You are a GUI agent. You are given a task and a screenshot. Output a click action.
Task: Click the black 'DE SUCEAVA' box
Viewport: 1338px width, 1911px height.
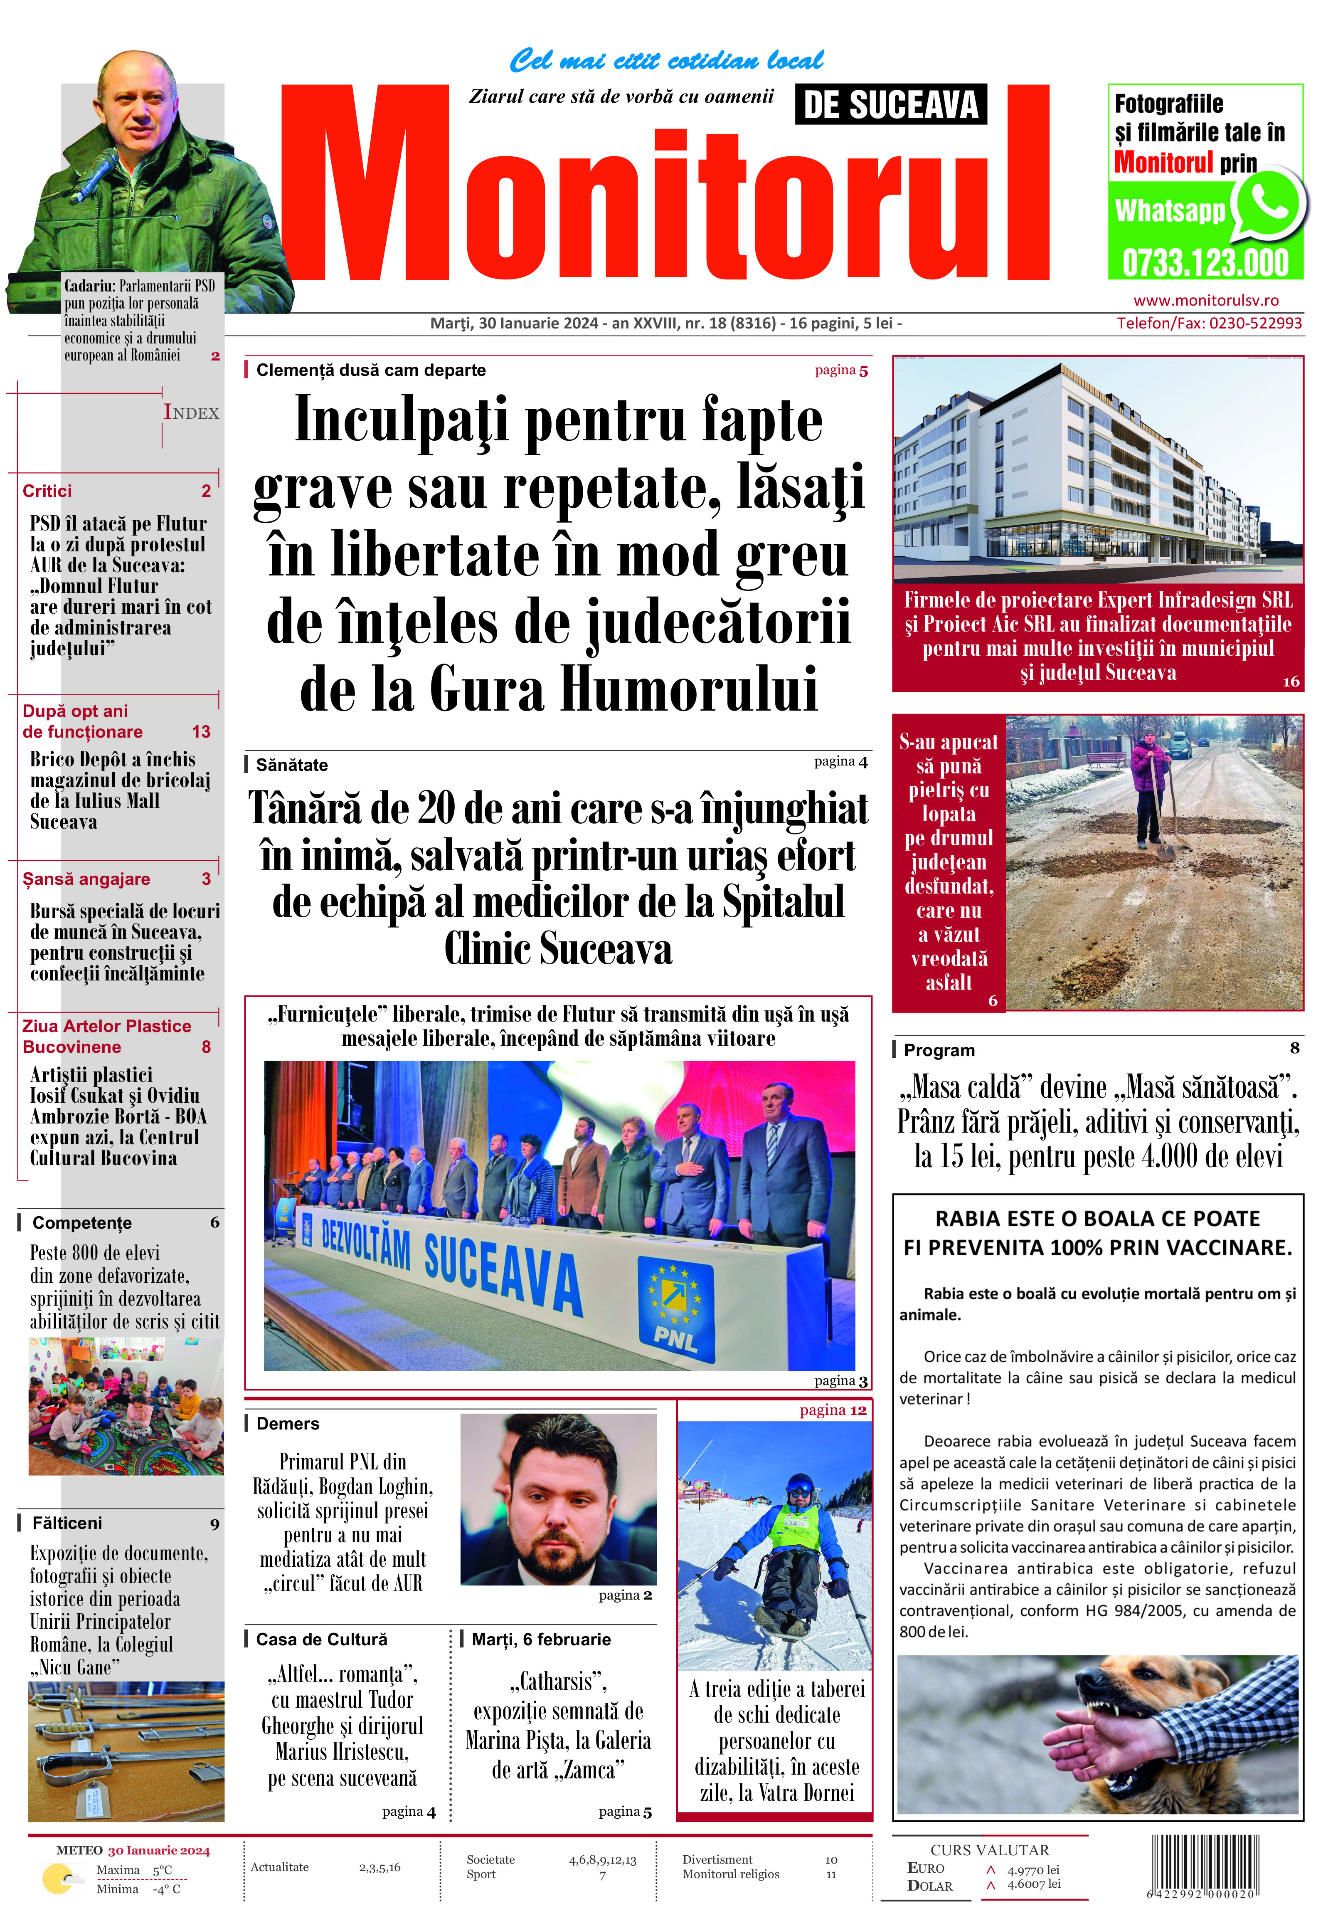[890, 105]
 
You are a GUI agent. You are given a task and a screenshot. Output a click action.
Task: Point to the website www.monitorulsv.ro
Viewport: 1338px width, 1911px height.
[1206, 301]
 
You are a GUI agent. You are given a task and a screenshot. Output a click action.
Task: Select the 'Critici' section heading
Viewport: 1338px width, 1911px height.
[47, 491]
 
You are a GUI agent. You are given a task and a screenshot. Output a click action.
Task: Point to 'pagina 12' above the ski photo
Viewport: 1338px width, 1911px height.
[833, 1410]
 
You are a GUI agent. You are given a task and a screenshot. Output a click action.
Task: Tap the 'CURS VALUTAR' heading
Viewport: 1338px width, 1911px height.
[989, 1850]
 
